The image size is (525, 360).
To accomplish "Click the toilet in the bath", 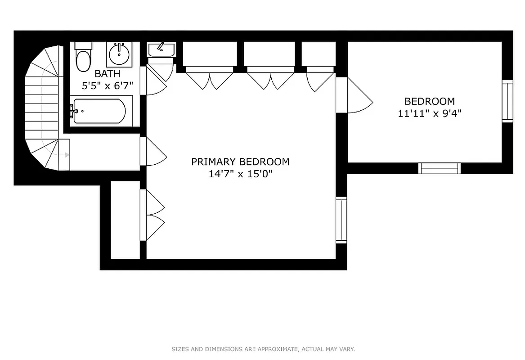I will click(83, 58).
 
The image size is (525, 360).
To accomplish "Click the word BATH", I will click(107, 73).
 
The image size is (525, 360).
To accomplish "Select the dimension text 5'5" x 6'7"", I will click(107, 85).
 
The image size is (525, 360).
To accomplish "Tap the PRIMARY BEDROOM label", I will click(240, 162).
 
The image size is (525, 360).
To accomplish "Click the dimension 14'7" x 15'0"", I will click(240, 174).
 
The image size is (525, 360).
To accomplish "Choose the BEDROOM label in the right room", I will click(429, 101).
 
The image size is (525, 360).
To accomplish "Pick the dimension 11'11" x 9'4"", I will click(429, 113).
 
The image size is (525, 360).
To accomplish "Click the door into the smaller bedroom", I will click(355, 95).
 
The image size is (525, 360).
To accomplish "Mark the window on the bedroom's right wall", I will click(507, 101).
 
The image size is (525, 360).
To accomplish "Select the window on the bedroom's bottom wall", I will click(440, 168).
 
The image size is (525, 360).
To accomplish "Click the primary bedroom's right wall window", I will click(341, 220).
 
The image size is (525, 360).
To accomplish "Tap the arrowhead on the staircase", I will click(66, 155).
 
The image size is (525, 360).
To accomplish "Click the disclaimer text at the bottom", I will click(263, 349).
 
